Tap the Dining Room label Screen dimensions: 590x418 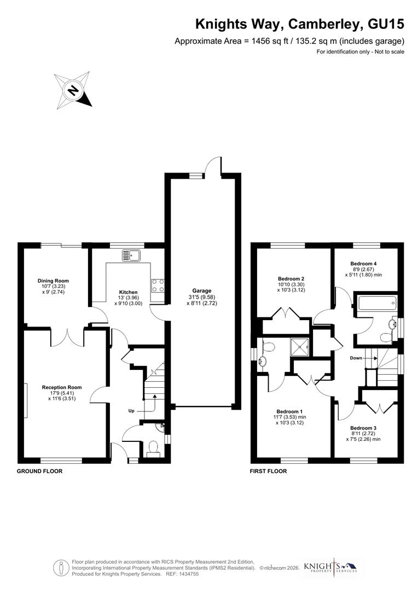coord(53,281)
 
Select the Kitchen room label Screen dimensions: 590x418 coord(129,292)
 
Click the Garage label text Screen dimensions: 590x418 coord(201,291)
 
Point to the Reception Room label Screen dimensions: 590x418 coord(57,387)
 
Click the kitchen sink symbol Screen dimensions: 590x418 coord(131,255)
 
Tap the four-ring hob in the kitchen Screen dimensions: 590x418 coord(158,285)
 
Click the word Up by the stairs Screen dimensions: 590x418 coord(132,410)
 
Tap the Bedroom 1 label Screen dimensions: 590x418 coord(289,411)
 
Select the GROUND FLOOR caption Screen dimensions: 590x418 coord(39,471)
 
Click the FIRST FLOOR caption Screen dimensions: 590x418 coord(268,471)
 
